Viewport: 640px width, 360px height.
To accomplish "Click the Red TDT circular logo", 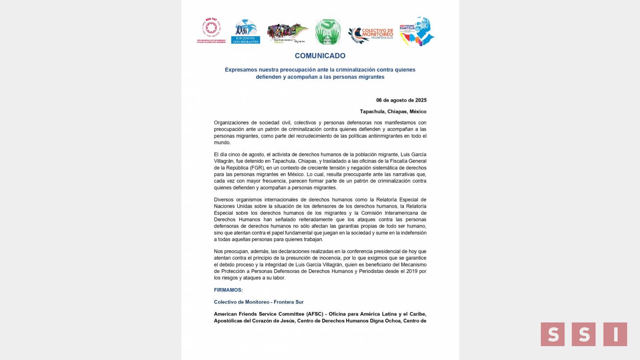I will pyautogui.click(x=212, y=29).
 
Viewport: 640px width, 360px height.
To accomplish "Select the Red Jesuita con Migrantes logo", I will pyautogui.click(x=245, y=31).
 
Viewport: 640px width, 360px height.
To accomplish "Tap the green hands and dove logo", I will pyautogui.click(x=328, y=32).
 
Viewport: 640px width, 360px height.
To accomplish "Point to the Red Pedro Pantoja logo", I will pyautogui.click(x=416, y=31).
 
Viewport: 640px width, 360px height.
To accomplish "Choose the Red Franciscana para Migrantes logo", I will pyautogui.click(x=288, y=33).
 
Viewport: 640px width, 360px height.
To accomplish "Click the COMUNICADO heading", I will pyautogui.click(x=320, y=56).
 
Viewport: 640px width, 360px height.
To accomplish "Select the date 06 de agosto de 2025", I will pyautogui.click(x=401, y=100).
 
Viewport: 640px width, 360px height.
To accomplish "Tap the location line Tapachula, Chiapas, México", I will pyautogui.click(x=393, y=112).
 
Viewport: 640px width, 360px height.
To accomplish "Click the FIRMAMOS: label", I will pyautogui.click(x=228, y=290).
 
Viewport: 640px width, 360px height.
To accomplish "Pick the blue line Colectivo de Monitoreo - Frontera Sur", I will pyautogui.click(x=259, y=302).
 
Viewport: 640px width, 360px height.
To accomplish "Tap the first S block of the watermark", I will pyautogui.click(x=552, y=334).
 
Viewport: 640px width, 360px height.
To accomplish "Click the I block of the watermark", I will pyautogui.click(x=615, y=334).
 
